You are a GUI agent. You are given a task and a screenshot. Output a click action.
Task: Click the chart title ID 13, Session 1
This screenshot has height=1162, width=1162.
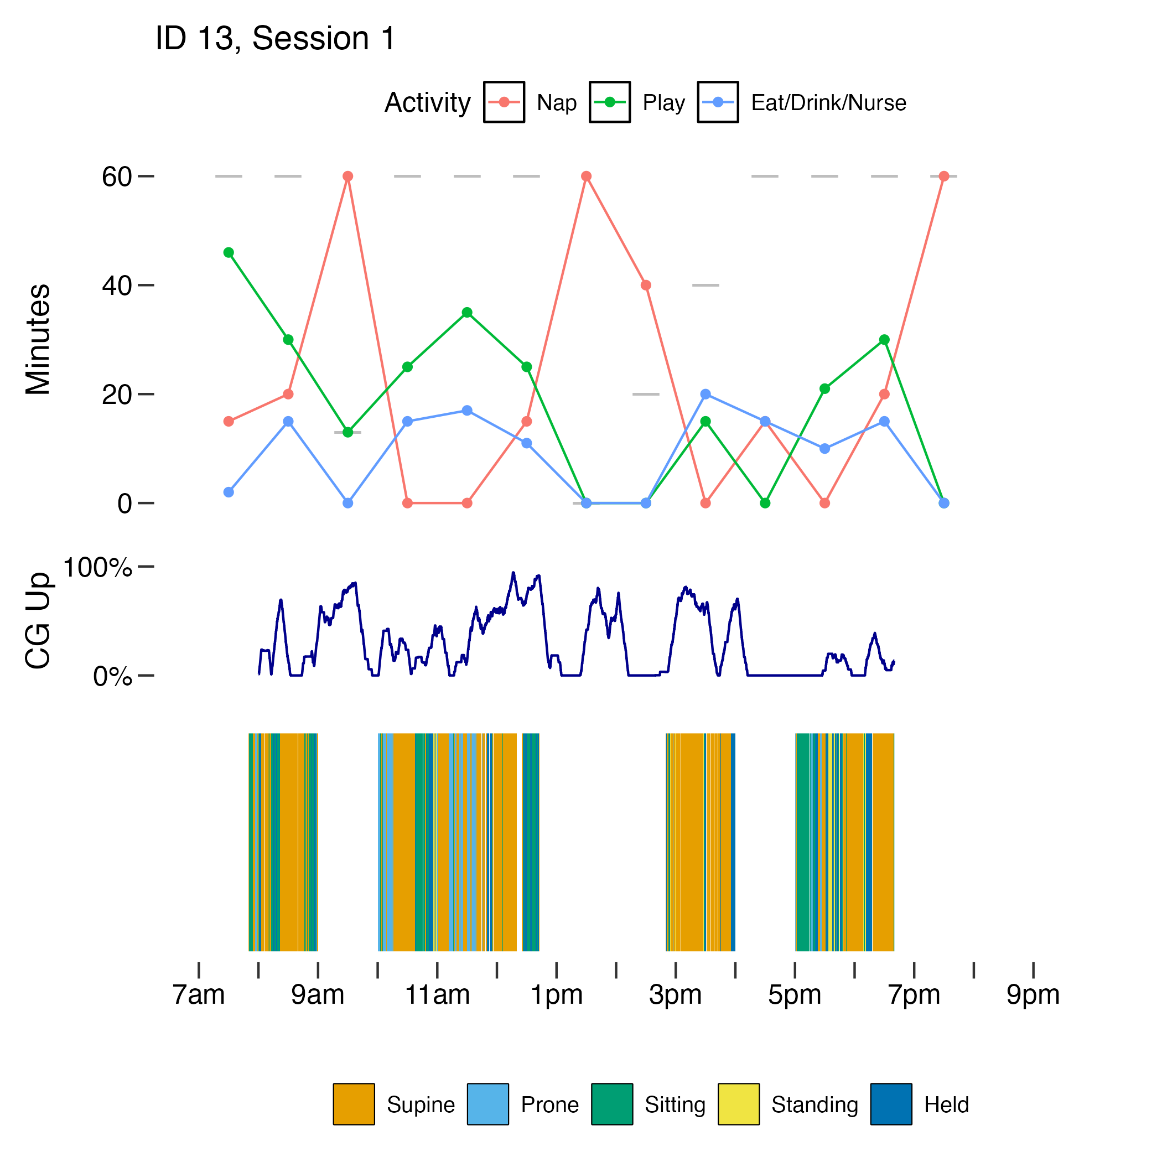pyautogui.click(x=275, y=39)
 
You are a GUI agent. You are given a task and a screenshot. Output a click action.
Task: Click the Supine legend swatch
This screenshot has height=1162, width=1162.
pyautogui.click(x=354, y=1104)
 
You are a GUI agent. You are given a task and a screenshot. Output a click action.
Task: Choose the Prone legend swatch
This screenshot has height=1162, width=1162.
pyautogui.click(x=488, y=1104)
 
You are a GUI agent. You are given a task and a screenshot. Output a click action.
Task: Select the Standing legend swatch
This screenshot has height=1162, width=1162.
pyautogui.click(x=738, y=1104)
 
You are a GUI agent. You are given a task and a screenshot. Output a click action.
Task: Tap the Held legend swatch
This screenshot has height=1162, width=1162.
pyautogui.click(x=891, y=1104)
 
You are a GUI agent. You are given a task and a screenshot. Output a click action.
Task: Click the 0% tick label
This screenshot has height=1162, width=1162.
pyautogui.click(x=112, y=677)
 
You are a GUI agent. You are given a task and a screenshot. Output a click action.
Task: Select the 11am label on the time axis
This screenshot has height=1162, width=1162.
pyautogui.click(x=437, y=995)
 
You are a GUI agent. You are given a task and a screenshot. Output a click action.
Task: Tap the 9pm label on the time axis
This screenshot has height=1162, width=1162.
pyautogui.click(x=1033, y=995)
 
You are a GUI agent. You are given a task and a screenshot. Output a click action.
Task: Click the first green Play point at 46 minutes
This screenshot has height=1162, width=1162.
pyautogui.click(x=229, y=253)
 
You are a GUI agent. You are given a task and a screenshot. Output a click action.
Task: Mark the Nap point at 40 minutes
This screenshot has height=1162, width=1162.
pyautogui.click(x=645, y=285)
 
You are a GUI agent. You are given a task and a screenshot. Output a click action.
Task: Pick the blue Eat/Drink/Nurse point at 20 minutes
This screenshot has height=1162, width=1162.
pyautogui.click(x=705, y=394)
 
